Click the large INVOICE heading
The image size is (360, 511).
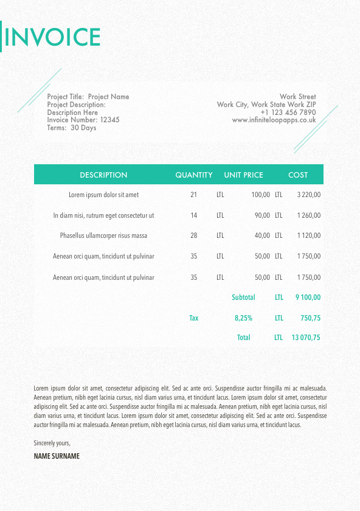pyautogui.click(x=52, y=37)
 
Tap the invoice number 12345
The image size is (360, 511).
pyautogui.click(x=109, y=120)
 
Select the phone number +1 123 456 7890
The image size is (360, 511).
pyautogui.click(x=288, y=113)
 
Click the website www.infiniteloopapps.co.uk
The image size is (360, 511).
pyautogui.click(x=274, y=120)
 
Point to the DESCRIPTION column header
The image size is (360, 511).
pyautogui.click(x=103, y=175)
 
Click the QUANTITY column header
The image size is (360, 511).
pyautogui.click(x=194, y=175)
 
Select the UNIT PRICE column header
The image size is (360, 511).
pyautogui.click(x=243, y=175)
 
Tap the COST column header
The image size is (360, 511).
pyautogui.click(x=298, y=175)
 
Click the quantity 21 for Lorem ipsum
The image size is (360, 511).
pyautogui.click(x=194, y=195)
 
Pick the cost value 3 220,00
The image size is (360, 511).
pyautogui.click(x=308, y=195)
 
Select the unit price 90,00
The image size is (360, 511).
pyautogui.click(x=262, y=215)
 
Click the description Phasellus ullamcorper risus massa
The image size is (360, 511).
pyautogui.click(x=103, y=235)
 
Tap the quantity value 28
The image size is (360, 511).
pyautogui.click(x=194, y=235)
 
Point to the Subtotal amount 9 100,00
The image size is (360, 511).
pyautogui.click(x=308, y=297)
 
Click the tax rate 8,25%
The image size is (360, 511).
pyautogui.click(x=243, y=318)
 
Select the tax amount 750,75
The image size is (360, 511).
pyautogui.click(x=310, y=318)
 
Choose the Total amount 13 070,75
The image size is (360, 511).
pyautogui.click(x=306, y=338)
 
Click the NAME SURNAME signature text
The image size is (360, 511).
pyautogui.click(x=57, y=456)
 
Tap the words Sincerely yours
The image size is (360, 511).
pyautogui.click(x=52, y=443)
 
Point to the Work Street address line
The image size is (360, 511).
pyautogui.click(x=297, y=97)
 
